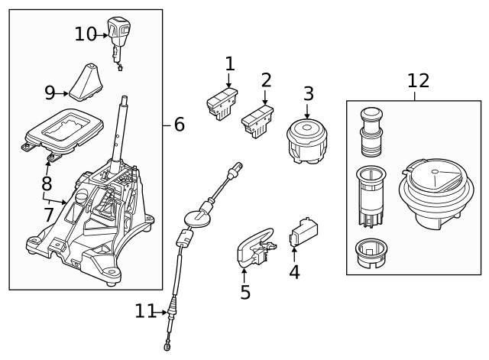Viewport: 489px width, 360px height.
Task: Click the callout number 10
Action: coord(86,34)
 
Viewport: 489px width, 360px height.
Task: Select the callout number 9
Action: coord(50,93)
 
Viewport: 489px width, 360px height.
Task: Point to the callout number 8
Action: coord(47,184)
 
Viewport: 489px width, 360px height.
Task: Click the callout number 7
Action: coord(49,215)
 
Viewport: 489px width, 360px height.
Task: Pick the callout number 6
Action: coord(179,124)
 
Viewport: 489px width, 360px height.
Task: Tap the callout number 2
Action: coord(266,80)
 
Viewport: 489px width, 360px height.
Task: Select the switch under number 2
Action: coord(258,122)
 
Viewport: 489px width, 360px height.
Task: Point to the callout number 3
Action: coord(308,94)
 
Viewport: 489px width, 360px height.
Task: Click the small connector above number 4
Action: coord(303,233)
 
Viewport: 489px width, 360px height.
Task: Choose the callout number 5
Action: coord(244,292)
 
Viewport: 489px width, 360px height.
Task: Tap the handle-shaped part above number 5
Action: coord(254,247)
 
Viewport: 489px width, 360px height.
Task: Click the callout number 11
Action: coord(145,311)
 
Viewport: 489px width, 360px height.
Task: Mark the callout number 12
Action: coord(418,81)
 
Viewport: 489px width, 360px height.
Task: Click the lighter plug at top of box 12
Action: coord(371,131)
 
